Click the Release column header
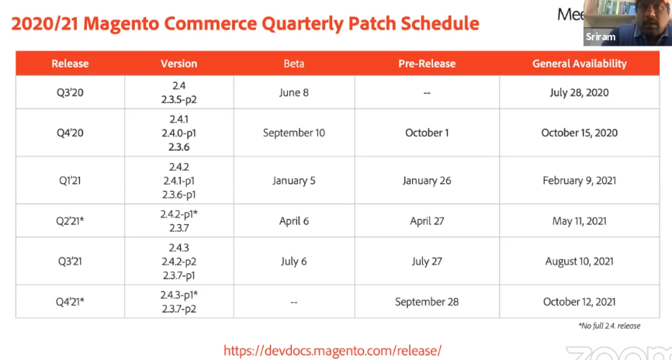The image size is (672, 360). (x=70, y=64)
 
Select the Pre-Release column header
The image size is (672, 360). (x=427, y=64)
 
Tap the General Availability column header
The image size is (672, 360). (x=579, y=64)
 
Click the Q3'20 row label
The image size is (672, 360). (x=70, y=92)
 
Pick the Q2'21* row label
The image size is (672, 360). (x=70, y=221)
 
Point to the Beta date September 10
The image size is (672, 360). (x=293, y=133)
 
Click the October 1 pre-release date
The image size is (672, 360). (x=427, y=133)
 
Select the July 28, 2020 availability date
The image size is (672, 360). (x=579, y=92)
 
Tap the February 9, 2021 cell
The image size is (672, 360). (x=579, y=181)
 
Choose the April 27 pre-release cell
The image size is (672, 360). (x=427, y=221)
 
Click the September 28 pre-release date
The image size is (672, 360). (x=427, y=302)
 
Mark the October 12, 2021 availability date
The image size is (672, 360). (x=579, y=302)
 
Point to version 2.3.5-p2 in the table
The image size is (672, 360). (x=178, y=99)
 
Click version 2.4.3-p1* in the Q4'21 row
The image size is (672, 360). (x=179, y=295)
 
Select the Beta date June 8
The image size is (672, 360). (x=293, y=92)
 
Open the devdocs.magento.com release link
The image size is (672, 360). (x=332, y=351)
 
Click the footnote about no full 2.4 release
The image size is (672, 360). (x=609, y=326)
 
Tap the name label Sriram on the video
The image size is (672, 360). (x=599, y=36)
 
